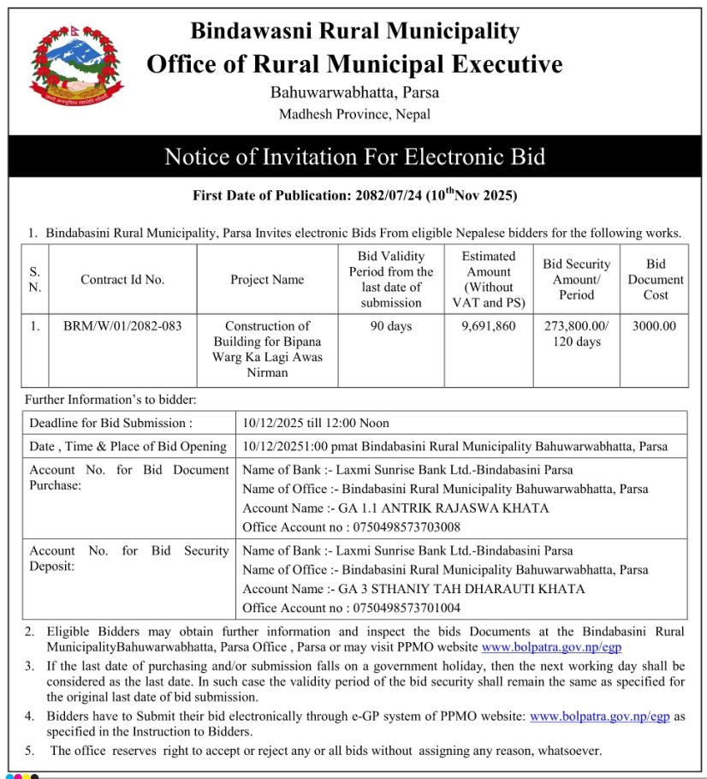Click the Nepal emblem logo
tap(75, 66)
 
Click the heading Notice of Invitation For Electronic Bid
tap(354, 157)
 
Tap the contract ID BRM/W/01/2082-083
tap(122, 326)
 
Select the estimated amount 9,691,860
tap(488, 326)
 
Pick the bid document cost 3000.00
tap(655, 326)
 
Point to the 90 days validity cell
tap(391, 326)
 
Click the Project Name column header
tap(267, 280)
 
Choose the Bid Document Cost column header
tap(656, 279)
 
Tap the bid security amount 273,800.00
tap(576, 326)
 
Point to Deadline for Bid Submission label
tap(111, 423)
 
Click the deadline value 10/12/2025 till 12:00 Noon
tap(316, 423)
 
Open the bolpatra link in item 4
tap(599, 716)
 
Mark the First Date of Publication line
tap(354, 195)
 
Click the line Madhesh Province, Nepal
tap(354, 114)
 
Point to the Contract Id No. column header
tap(122, 280)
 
